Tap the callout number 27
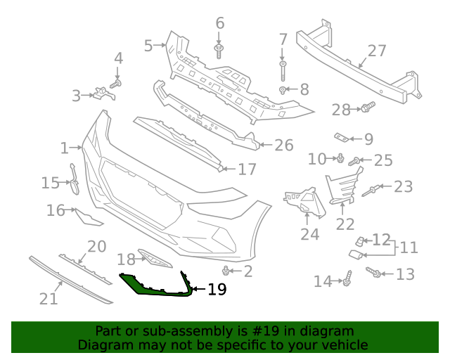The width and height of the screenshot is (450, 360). (x=377, y=51)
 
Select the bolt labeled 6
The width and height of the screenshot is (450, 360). (x=220, y=50)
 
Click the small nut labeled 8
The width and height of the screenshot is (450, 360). (x=283, y=90)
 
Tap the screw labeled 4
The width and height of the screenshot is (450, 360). (x=117, y=84)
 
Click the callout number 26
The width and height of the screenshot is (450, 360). (x=283, y=145)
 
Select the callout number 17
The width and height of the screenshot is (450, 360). (x=247, y=169)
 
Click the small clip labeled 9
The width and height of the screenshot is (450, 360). (x=340, y=137)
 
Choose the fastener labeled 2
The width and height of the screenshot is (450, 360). (x=226, y=271)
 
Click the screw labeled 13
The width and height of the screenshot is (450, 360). (x=375, y=272)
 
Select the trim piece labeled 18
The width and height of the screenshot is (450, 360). (x=153, y=258)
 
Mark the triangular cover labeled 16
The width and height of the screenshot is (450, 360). (x=89, y=219)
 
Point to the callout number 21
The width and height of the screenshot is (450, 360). (x=48, y=299)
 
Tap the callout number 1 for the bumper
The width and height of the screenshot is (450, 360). (x=65, y=148)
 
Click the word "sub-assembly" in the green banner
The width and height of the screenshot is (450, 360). (x=174, y=331)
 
